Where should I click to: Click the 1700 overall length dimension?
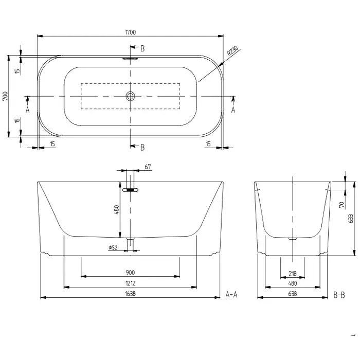click(131, 32)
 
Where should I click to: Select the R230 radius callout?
click(233, 51)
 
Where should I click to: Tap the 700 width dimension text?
click(6, 96)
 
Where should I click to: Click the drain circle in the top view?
click(130, 96)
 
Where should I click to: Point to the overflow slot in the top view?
click(130, 59)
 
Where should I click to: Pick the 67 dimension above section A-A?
click(148, 167)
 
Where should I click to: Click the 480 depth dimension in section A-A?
click(117, 210)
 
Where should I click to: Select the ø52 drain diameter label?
click(113, 247)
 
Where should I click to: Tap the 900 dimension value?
click(130, 273)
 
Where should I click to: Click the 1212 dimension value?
click(130, 283)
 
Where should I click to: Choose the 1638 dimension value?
click(130, 294)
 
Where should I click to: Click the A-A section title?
click(231, 294)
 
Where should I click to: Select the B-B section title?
click(339, 295)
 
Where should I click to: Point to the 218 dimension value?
click(293, 274)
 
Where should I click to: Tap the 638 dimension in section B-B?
click(293, 294)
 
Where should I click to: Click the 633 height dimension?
click(351, 219)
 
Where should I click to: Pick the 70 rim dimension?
click(342, 204)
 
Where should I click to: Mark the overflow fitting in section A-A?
click(130, 190)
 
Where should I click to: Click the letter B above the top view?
click(142, 49)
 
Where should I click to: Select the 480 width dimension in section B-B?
click(293, 283)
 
